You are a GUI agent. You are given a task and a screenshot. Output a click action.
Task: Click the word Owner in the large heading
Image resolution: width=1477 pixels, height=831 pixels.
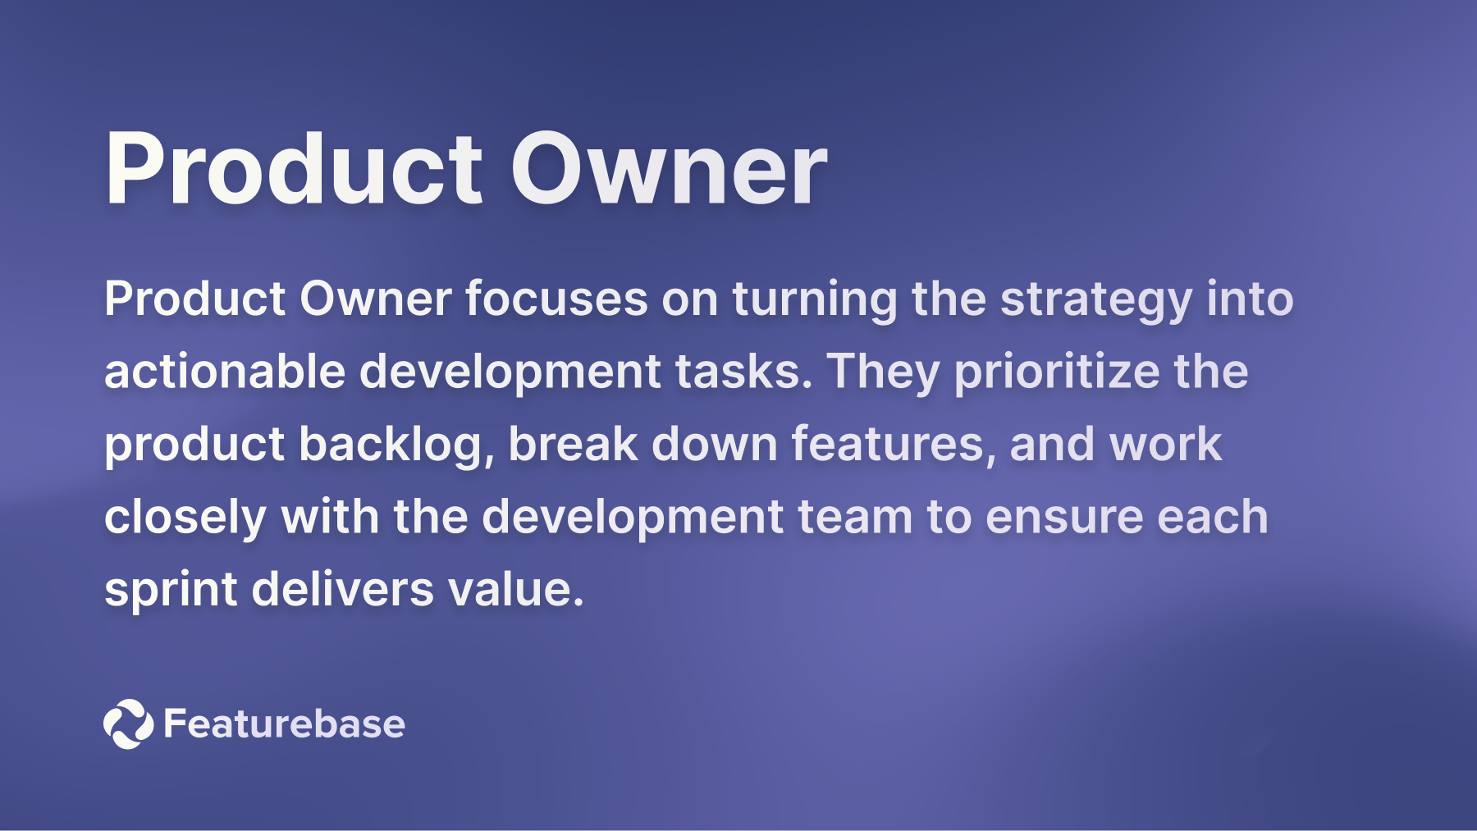point(669,169)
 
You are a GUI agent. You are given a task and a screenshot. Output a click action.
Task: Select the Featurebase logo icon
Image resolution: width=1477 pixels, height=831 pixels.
point(128,724)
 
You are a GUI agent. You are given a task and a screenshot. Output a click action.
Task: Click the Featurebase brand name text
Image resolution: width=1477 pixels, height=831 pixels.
point(284,724)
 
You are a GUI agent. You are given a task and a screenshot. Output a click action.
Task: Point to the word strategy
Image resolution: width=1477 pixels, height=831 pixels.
point(1095,299)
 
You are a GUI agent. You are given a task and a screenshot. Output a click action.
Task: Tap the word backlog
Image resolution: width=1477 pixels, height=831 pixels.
point(396,445)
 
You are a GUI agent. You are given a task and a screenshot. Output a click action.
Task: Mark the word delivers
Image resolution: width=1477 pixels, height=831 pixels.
point(342,589)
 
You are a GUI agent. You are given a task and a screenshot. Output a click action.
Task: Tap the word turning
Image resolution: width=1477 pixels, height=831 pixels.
point(815,300)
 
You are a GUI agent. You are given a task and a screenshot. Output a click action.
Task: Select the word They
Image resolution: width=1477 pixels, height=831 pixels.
point(883,372)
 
